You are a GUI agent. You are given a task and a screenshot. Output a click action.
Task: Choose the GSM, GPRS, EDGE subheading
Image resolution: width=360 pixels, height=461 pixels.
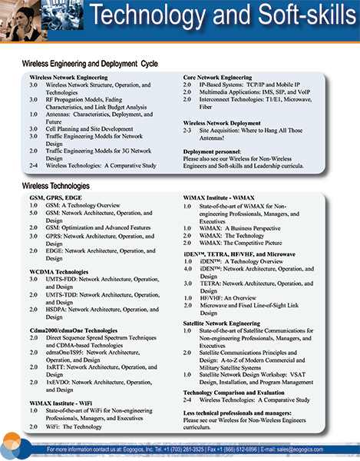pyautogui.click(x=56, y=197)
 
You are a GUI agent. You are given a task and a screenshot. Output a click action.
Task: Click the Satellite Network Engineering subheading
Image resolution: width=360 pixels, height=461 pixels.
pyautogui.click(x=228, y=323)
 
